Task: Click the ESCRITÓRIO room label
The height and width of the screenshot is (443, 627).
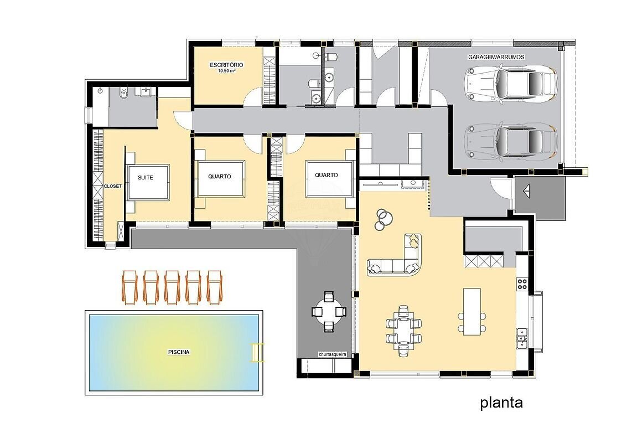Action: click(x=226, y=65)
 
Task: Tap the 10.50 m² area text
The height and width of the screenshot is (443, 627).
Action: click(x=226, y=71)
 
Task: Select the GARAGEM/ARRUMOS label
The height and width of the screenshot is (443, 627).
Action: click(x=496, y=57)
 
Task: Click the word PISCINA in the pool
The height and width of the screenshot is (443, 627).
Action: click(x=179, y=352)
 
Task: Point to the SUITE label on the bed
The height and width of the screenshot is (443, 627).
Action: click(x=146, y=178)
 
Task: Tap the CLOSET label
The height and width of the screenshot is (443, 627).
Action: click(x=113, y=186)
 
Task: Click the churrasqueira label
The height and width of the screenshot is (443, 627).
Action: click(x=332, y=354)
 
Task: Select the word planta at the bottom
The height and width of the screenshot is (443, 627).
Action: click(x=501, y=403)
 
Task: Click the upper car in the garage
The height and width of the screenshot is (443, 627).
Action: click(x=511, y=83)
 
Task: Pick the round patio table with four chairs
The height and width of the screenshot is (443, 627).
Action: click(x=329, y=312)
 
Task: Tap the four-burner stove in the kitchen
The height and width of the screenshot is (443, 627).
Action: click(x=522, y=284)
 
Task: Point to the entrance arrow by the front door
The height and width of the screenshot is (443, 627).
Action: click(x=526, y=191)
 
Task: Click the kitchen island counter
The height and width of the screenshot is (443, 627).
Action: click(x=472, y=311)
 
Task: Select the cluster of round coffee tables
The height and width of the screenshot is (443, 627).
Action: click(x=384, y=220)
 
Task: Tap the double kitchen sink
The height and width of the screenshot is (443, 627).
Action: click(x=522, y=337)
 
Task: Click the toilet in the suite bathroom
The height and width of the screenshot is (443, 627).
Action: click(x=123, y=94)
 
